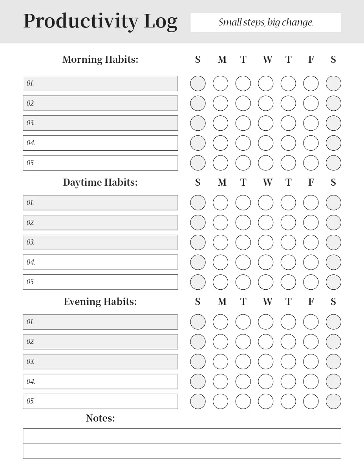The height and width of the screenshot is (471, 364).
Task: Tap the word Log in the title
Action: (x=161, y=22)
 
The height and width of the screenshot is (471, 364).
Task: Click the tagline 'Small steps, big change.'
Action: (x=266, y=22)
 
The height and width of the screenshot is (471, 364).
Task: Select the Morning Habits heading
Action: (x=100, y=60)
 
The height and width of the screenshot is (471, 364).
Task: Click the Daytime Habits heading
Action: (x=100, y=183)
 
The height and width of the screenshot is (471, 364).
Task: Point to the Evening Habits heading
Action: (x=100, y=302)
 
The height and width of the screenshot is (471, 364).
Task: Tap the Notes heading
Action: (x=100, y=418)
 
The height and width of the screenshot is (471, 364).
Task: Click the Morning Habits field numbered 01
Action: (x=100, y=84)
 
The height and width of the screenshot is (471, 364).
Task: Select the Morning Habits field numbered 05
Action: (x=100, y=163)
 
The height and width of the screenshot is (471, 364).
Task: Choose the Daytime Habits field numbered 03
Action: (x=100, y=242)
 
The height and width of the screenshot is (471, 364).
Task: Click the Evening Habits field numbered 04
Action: (x=100, y=381)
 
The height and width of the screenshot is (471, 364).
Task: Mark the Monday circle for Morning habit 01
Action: (x=220, y=84)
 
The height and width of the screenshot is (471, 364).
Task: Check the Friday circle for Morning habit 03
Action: (x=311, y=123)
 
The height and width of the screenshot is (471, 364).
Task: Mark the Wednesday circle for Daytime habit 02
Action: (x=265, y=223)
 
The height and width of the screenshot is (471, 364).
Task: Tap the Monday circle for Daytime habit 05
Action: (x=220, y=282)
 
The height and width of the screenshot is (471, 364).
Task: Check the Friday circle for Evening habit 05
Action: (x=311, y=401)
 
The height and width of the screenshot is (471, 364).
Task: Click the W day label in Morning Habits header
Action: (x=267, y=60)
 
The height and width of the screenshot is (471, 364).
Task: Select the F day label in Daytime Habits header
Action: (x=311, y=183)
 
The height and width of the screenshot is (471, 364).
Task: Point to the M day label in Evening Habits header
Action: (x=222, y=302)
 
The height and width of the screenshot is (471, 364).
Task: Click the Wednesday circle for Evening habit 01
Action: (x=265, y=322)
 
